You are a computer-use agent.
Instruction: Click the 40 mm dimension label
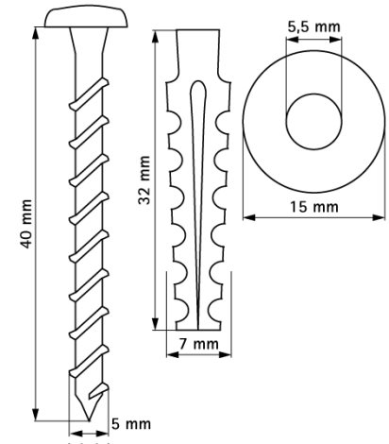[x=26, y=224]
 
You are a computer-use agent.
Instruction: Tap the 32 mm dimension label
[x=144, y=179]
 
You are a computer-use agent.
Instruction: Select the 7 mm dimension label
[x=198, y=344]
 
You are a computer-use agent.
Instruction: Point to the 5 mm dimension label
[x=131, y=424]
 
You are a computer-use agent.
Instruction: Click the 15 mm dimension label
[x=313, y=207]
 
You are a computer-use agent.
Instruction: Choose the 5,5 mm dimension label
[x=313, y=26]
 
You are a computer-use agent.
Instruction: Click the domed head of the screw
[x=86, y=18]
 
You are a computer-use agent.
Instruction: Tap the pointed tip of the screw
[x=89, y=419]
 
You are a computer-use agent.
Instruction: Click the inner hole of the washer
[x=313, y=121]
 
